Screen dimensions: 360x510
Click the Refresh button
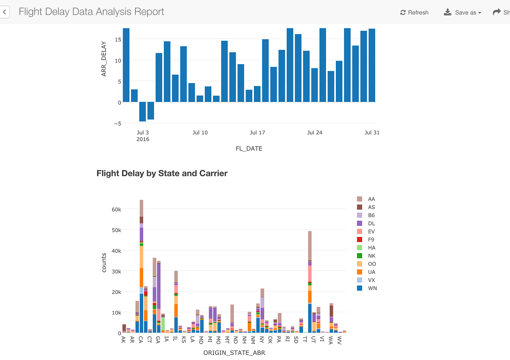pyautogui.click(x=414, y=12)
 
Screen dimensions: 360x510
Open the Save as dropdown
pyautogui.click(x=463, y=12)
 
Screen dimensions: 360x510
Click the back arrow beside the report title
pyautogui.click(x=4, y=12)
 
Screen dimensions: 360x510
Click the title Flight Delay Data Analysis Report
pyautogui.click(x=91, y=12)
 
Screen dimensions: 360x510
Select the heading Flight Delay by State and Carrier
pyautogui.click(x=162, y=173)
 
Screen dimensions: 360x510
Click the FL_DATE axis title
pyautogui.click(x=249, y=149)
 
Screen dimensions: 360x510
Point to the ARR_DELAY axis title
pyautogui.click(x=104, y=59)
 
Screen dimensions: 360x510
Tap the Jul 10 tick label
pyautogui.click(x=200, y=132)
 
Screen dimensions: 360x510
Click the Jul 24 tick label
pyautogui.click(x=315, y=132)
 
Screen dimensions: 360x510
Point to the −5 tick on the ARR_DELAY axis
pyautogui.click(x=117, y=124)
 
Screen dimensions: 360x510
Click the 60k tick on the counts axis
pyautogui.click(x=116, y=210)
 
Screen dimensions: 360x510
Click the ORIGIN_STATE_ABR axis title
pyautogui.click(x=234, y=353)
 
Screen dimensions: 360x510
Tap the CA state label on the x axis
pyautogui.click(x=141, y=340)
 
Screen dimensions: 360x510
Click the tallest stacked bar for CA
pyautogui.click(x=141, y=266)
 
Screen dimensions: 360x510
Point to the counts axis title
pyautogui.click(x=104, y=262)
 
